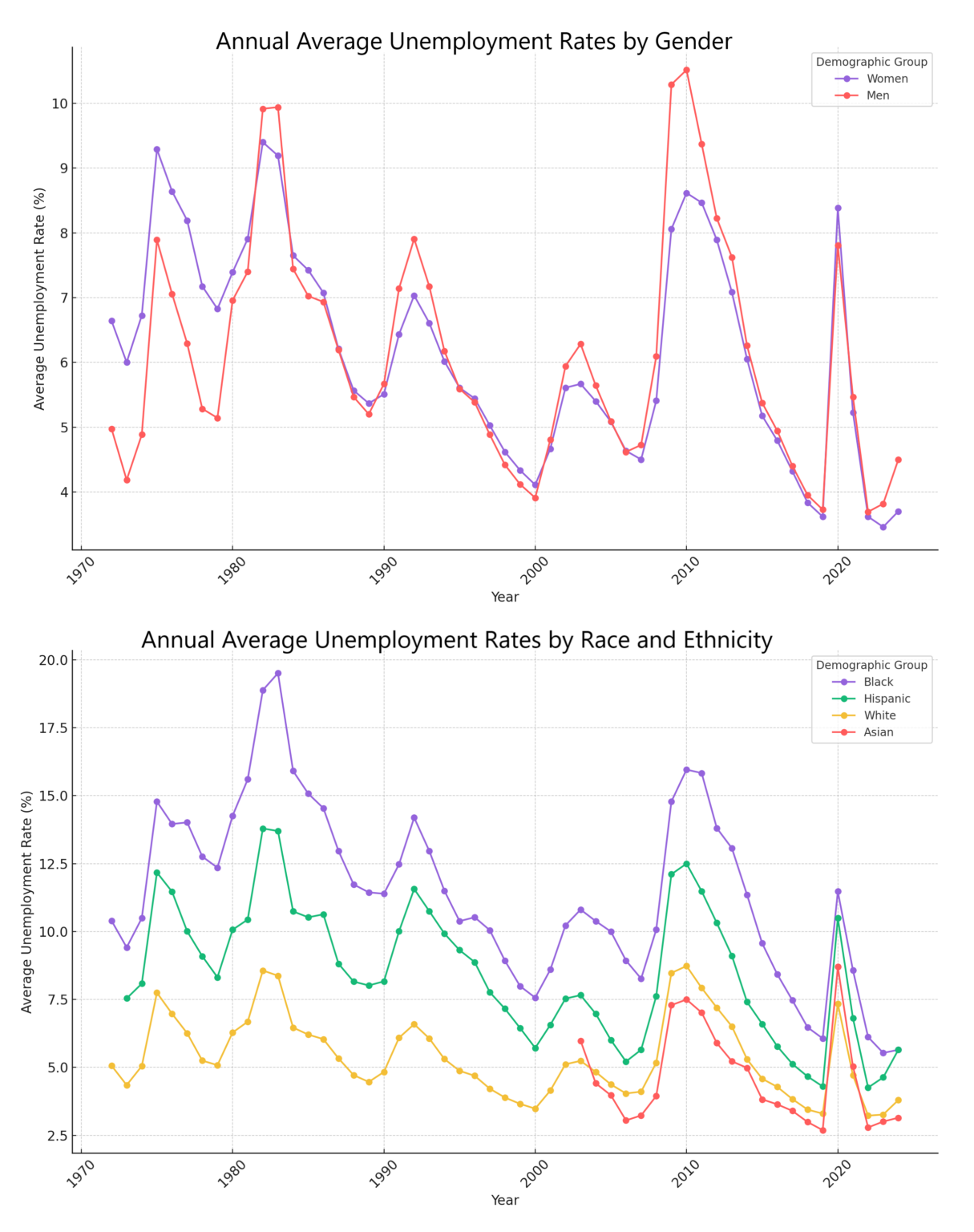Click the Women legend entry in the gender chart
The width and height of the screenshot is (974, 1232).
click(x=887, y=79)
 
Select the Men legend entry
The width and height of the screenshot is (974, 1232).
click(x=878, y=95)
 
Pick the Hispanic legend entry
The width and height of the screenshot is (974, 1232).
click(x=887, y=699)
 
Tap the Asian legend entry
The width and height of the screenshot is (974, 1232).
click(x=879, y=732)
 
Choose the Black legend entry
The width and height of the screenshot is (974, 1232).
click(x=879, y=682)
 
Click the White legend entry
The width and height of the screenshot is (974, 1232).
click(x=879, y=715)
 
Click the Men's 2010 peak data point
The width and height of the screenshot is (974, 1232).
click(x=686, y=70)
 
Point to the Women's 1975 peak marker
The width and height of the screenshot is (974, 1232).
click(x=157, y=149)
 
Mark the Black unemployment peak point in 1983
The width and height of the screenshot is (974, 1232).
click(x=278, y=673)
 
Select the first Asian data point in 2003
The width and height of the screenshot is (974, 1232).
click(x=580, y=1041)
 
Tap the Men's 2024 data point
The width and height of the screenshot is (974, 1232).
click(x=898, y=460)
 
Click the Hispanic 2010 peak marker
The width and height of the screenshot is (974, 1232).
click(x=686, y=864)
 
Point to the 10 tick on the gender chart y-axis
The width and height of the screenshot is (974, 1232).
click(x=59, y=103)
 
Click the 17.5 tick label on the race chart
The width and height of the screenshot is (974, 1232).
click(x=53, y=727)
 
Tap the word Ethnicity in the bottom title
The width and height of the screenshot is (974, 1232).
click(x=727, y=640)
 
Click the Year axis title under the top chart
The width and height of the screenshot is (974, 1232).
click(x=505, y=597)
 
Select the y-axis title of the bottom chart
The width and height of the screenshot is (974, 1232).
click(x=28, y=902)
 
